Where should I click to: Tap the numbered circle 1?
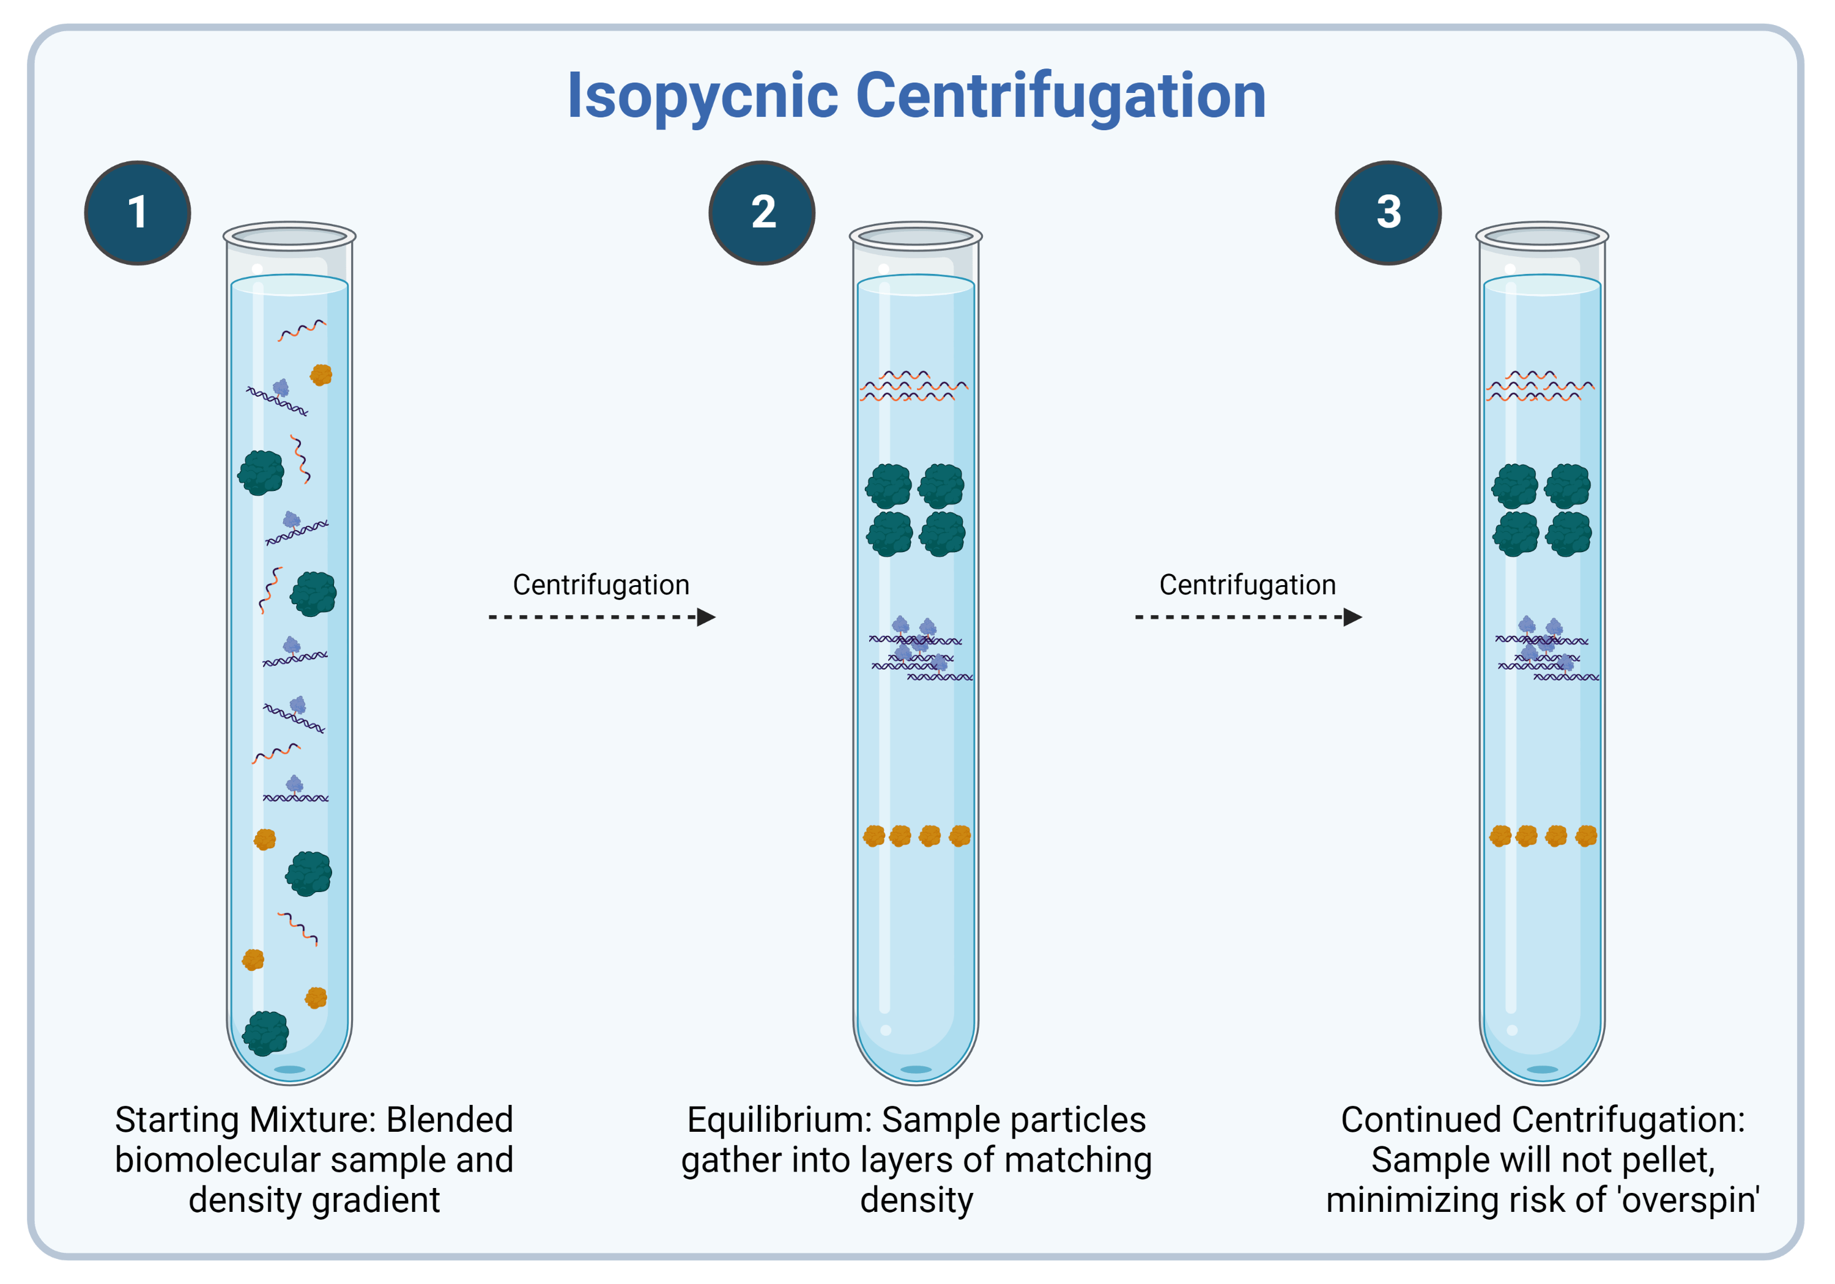point(138,213)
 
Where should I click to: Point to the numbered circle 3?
point(1388,213)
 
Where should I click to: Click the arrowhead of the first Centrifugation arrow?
point(706,617)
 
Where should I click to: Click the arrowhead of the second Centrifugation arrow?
point(1352,617)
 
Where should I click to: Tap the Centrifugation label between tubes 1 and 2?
point(601,585)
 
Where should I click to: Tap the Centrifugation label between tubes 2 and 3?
point(1248,585)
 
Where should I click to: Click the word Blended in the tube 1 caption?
point(449,1120)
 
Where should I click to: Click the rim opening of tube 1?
point(289,237)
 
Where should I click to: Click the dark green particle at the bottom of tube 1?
point(265,1033)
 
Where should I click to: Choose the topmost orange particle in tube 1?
point(321,374)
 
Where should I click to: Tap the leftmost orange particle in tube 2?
point(874,836)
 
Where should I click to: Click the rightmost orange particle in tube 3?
point(1587,836)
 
